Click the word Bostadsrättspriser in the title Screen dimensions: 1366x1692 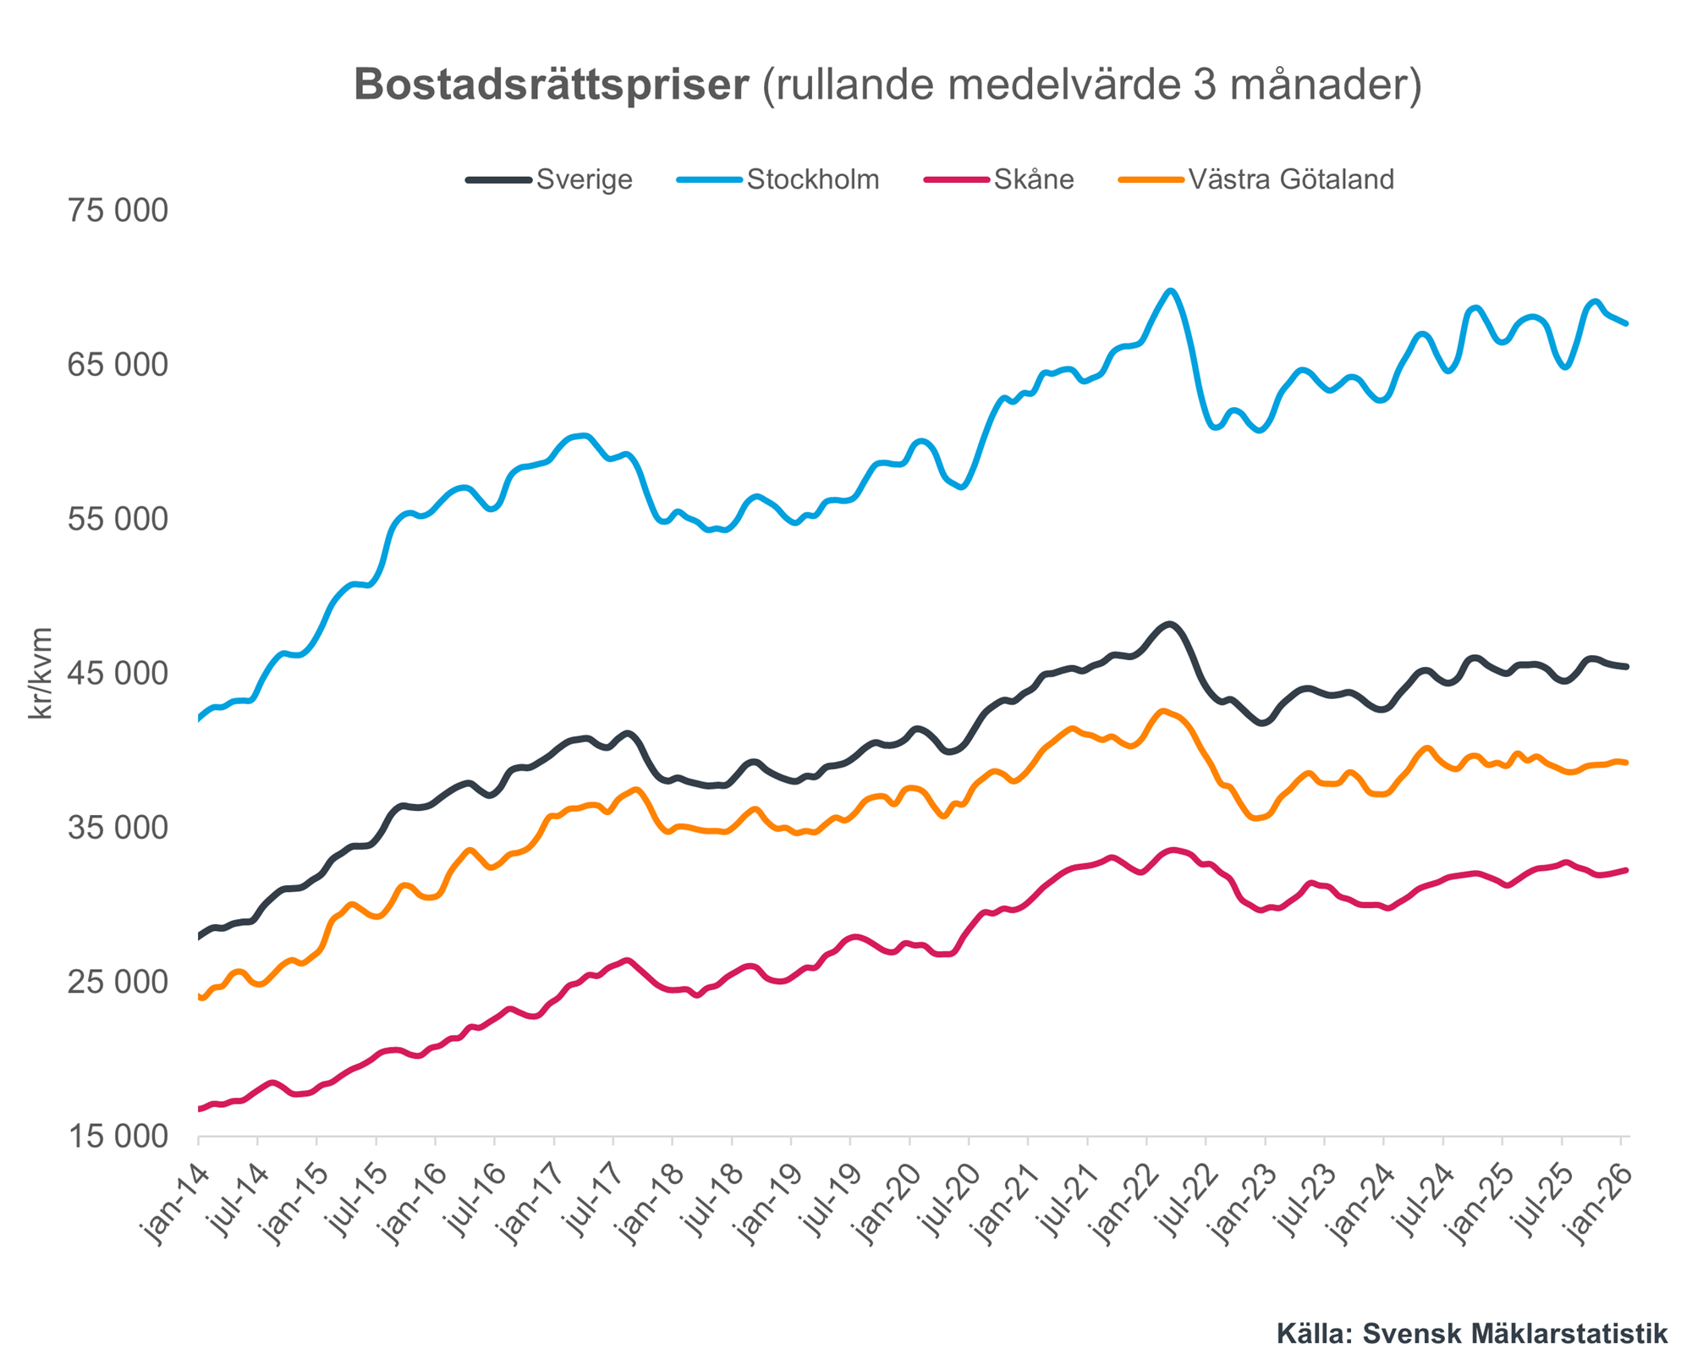click(x=551, y=85)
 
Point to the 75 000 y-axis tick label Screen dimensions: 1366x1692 click(x=118, y=211)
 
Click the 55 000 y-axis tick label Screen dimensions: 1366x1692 click(x=118, y=520)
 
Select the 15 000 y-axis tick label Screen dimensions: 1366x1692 click(x=118, y=1137)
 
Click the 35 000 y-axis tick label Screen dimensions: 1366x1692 click(x=118, y=828)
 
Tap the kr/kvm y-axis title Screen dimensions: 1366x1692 click(x=41, y=674)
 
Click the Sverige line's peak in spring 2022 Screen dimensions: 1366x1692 click(x=1169, y=625)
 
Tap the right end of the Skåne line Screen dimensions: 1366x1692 click(x=1626, y=870)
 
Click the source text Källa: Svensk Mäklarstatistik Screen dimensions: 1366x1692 click(x=1472, y=1334)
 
